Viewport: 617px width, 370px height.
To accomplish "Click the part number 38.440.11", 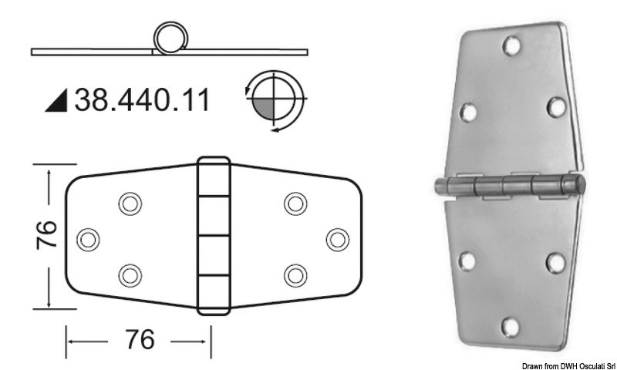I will pyautogui.click(x=142, y=101).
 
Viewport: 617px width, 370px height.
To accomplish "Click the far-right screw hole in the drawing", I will pyautogui.click(x=335, y=238).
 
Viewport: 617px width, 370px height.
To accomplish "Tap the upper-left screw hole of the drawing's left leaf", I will pyautogui.click(x=130, y=203).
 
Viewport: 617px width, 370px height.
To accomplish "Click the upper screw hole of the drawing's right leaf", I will pyautogui.click(x=295, y=203).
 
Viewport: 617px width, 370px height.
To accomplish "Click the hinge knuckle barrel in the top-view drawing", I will pyautogui.click(x=214, y=237).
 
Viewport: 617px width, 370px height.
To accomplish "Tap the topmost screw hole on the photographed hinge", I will pyautogui.click(x=509, y=47).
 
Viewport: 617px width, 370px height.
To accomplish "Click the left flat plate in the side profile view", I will pyautogui.click(x=93, y=52).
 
